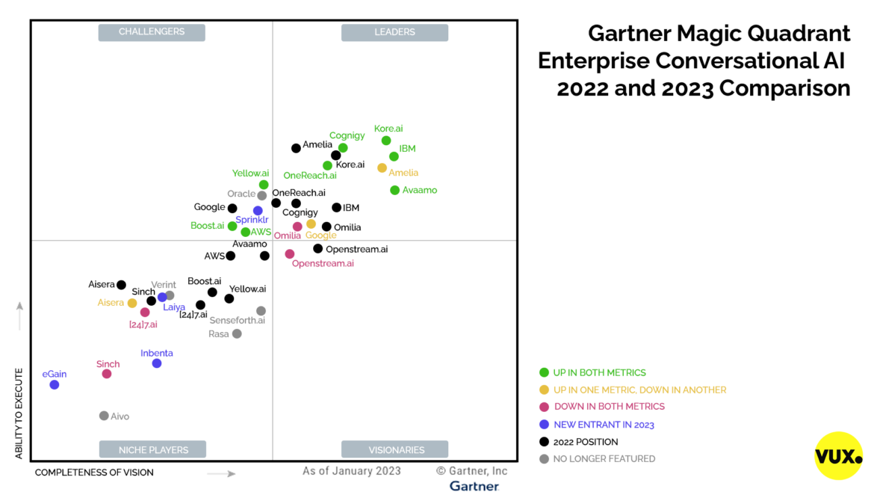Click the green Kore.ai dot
click(386, 141)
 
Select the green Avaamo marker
click(395, 190)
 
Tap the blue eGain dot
click(55, 384)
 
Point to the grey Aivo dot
click(104, 416)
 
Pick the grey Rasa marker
click(237, 333)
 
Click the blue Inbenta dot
click(157, 363)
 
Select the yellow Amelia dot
click(382, 168)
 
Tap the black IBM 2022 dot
click(337, 208)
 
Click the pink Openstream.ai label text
click(323, 264)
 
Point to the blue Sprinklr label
click(252, 220)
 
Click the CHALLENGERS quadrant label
click(152, 32)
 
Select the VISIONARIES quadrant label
click(394, 449)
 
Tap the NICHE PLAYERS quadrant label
click(152, 449)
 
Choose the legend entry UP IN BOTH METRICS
click(599, 372)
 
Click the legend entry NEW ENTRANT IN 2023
click(604, 425)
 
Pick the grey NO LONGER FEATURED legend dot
click(544, 459)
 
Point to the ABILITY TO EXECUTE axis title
click(19, 413)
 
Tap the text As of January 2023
click(352, 471)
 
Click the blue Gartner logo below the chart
click(474, 486)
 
